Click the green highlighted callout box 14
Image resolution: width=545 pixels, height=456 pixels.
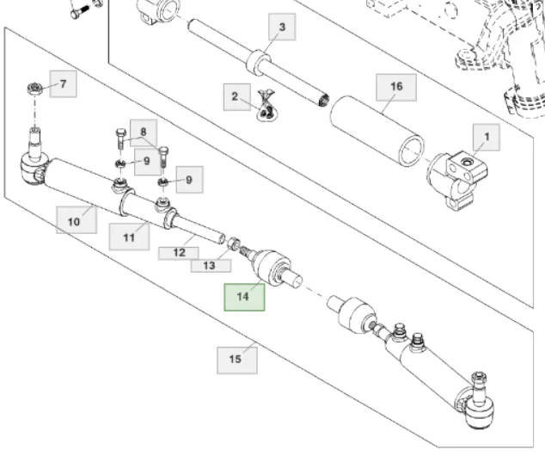[x=244, y=297]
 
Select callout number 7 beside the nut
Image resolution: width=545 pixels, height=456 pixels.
[x=64, y=84]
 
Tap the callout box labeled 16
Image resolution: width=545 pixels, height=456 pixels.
[x=396, y=87]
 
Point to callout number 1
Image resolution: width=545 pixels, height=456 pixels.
[x=487, y=137]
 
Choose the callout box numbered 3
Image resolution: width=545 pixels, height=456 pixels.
[x=282, y=28]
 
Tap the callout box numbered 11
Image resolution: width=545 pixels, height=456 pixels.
[x=129, y=237]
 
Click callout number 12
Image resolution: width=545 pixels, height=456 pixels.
[x=179, y=253]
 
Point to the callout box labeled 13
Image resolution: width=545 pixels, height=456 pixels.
[x=211, y=266]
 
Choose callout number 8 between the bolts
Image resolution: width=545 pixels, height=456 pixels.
[x=144, y=132]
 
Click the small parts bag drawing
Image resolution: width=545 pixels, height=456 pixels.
[x=266, y=105]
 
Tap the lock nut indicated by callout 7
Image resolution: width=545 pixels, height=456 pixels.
[x=34, y=88]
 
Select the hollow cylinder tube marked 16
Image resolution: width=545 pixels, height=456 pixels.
[x=377, y=131]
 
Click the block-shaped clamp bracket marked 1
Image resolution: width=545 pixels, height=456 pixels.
[x=457, y=180]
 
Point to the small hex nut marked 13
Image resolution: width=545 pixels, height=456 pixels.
[x=234, y=243]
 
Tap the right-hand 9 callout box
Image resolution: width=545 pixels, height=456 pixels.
[x=190, y=180]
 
